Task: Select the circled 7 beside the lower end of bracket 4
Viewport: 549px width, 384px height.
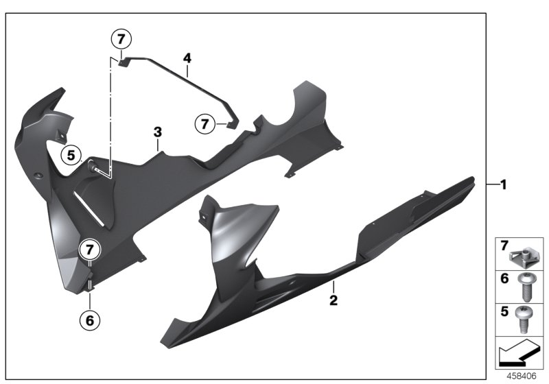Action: [x=204, y=124]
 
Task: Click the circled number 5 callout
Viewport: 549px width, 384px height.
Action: [x=71, y=155]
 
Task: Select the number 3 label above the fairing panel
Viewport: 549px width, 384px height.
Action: [x=157, y=131]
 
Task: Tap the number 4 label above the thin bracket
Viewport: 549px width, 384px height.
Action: [x=186, y=60]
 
